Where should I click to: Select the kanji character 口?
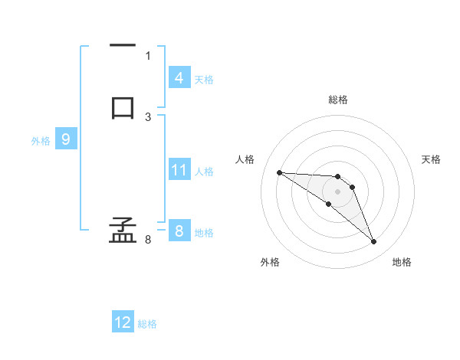123,106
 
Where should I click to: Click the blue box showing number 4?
179,78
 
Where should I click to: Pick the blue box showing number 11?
179,170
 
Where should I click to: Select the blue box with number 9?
66,139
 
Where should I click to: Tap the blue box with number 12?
123,322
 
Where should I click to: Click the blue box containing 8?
179,231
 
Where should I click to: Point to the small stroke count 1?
148,55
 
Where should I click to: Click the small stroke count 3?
148,116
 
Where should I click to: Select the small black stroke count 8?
148,240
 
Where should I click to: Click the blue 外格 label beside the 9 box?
41,141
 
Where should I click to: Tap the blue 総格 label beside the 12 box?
147,324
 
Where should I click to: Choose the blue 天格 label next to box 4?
204,80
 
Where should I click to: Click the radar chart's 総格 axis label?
337,100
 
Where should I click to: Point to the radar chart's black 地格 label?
402,262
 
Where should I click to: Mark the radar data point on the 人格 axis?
279,172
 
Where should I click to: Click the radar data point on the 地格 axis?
373,242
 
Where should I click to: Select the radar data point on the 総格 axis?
337,177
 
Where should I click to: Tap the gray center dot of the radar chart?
337,191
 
